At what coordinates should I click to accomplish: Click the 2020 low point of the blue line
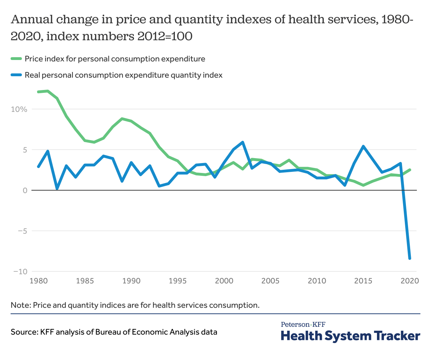click(410, 258)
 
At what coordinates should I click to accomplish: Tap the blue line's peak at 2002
click(243, 142)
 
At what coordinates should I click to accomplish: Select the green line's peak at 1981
click(48, 91)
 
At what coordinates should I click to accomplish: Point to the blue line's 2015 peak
click(364, 146)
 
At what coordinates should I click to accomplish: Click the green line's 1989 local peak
click(122, 119)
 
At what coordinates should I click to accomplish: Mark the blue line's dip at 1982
click(57, 188)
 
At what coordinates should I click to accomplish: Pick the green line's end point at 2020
click(410, 170)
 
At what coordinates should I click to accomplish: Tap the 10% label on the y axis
click(19, 109)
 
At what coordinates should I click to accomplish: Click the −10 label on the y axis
click(20, 272)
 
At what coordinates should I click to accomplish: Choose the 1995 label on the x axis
click(178, 281)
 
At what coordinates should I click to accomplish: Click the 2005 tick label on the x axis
click(271, 281)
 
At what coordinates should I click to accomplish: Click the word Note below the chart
click(20, 305)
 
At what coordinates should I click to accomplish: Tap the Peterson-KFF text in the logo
click(303, 324)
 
